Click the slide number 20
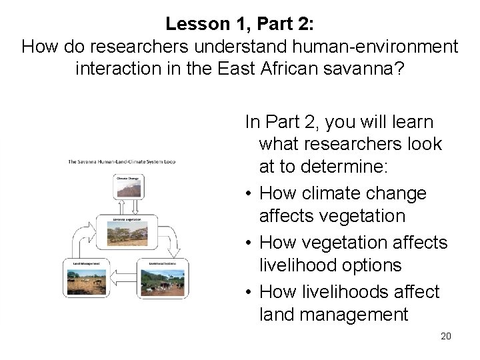pyautogui.click(x=445, y=335)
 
